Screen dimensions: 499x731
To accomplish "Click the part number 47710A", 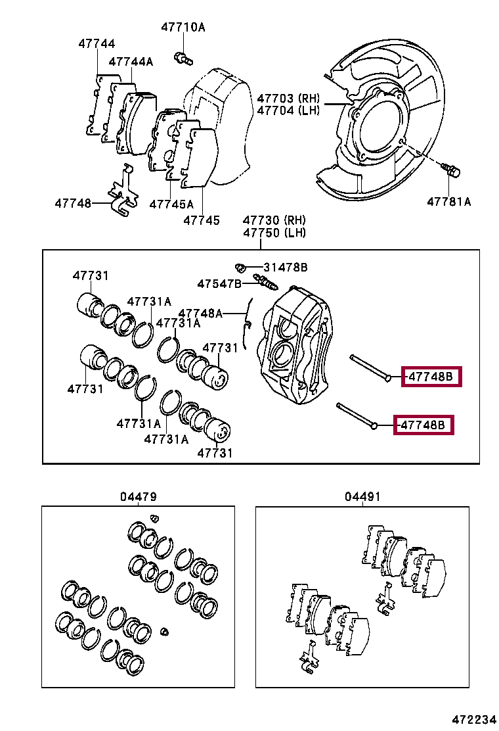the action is click(183, 28).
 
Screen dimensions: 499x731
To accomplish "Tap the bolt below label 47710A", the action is click(182, 58).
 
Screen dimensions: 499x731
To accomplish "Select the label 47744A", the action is click(131, 62).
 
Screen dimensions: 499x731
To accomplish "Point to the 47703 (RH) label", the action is click(288, 97).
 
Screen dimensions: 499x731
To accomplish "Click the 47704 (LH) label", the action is click(288, 110).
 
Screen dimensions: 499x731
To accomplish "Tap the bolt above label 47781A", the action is click(452, 170).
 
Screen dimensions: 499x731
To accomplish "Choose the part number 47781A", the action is click(449, 202).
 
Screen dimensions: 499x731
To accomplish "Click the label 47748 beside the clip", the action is click(73, 204).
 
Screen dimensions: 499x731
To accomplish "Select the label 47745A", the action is click(171, 204).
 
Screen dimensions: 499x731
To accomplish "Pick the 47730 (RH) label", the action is click(274, 220).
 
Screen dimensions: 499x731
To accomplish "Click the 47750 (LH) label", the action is click(274, 233).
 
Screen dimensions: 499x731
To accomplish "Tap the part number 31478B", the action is click(286, 268).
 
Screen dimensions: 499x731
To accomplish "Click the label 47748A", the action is click(201, 314).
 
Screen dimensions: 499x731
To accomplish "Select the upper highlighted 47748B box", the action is click(431, 377).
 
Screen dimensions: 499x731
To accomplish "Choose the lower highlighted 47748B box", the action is click(423, 425).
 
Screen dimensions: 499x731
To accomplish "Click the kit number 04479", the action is click(139, 497).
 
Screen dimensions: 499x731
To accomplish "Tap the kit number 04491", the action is click(362, 497).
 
